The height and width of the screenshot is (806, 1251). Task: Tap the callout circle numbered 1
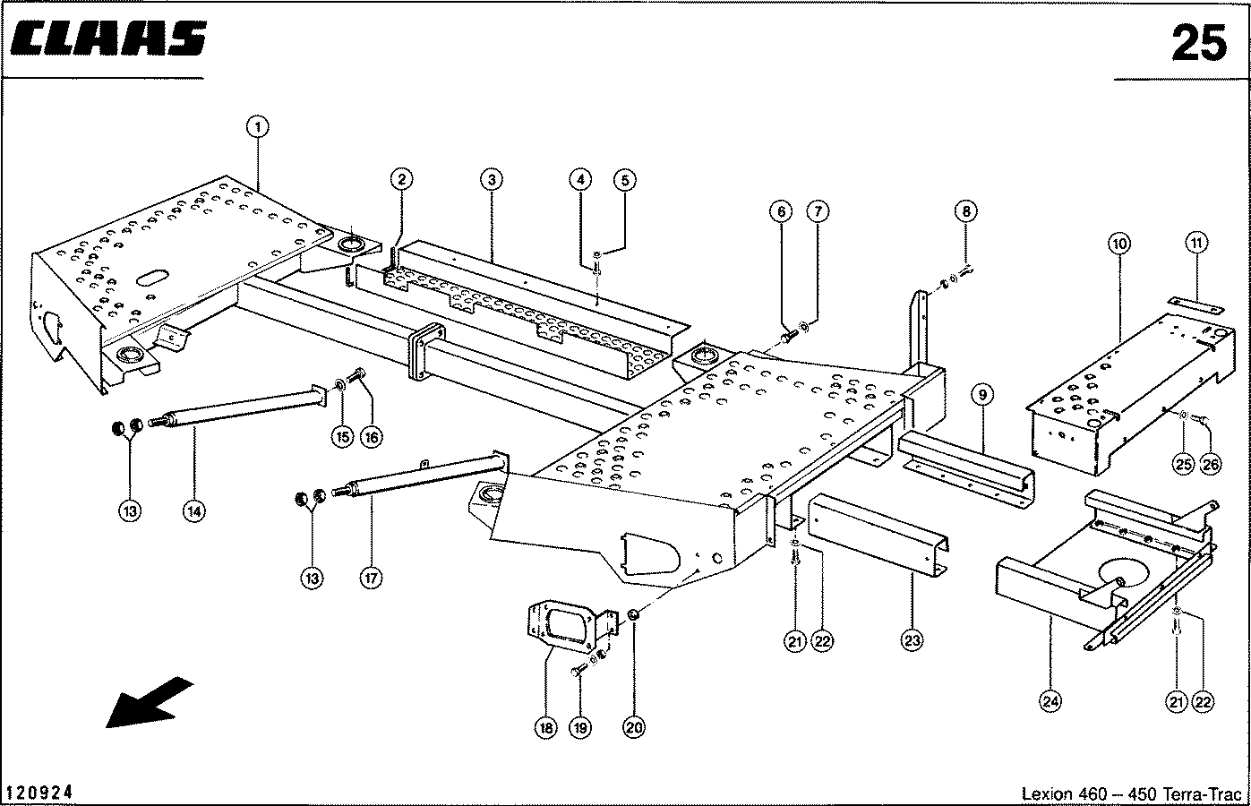(257, 128)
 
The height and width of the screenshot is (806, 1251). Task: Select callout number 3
(490, 180)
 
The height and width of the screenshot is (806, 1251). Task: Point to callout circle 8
(965, 211)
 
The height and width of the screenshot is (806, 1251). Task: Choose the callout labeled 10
(1119, 243)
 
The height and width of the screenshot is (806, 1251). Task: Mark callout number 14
(193, 510)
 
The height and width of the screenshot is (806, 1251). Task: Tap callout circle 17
(371, 578)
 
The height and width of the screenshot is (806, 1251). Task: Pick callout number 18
(545, 728)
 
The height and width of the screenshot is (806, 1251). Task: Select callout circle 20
(634, 728)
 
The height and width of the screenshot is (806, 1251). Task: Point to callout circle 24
(1050, 701)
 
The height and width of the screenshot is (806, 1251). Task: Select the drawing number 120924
(39, 793)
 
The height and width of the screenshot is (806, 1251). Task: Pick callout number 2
(402, 180)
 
